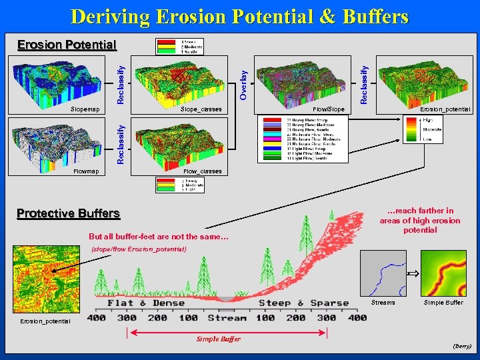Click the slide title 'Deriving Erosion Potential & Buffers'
239,16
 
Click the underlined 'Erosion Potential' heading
67,45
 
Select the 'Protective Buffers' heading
68,213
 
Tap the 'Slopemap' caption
85,109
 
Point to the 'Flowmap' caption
86,171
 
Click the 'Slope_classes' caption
199,109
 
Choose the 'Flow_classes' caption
198,171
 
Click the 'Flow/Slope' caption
329,109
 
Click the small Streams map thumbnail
383,273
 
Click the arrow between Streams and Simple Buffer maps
413,273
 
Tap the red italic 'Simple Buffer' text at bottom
218,339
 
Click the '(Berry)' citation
461,346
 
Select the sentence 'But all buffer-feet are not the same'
159,237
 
